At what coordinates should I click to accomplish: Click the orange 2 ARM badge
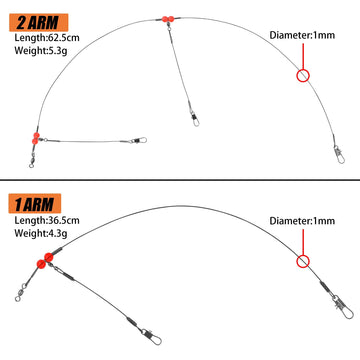tap(39, 22)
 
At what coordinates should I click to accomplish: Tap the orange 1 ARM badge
tap(35, 203)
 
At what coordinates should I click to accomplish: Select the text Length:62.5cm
tap(47, 37)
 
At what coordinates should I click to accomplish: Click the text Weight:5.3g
tap(41, 51)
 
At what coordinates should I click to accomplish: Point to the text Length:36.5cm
tap(47, 220)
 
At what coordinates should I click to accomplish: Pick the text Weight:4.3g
tap(41, 233)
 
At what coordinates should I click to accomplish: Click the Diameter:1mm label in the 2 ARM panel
tap(302, 35)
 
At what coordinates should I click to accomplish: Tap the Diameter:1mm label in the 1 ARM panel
tap(302, 221)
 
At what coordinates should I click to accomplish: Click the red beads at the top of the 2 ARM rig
tap(168, 19)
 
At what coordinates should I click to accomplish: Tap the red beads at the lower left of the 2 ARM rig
tap(36, 138)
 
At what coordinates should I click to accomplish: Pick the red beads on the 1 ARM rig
tap(45, 261)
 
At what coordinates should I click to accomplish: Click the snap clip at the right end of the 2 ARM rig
tap(339, 155)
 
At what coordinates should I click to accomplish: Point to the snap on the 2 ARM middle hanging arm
tap(195, 119)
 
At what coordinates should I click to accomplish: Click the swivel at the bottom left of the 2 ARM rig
tap(32, 161)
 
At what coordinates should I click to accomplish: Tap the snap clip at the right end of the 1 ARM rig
tap(344, 307)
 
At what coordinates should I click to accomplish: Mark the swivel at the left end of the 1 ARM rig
tap(21, 292)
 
